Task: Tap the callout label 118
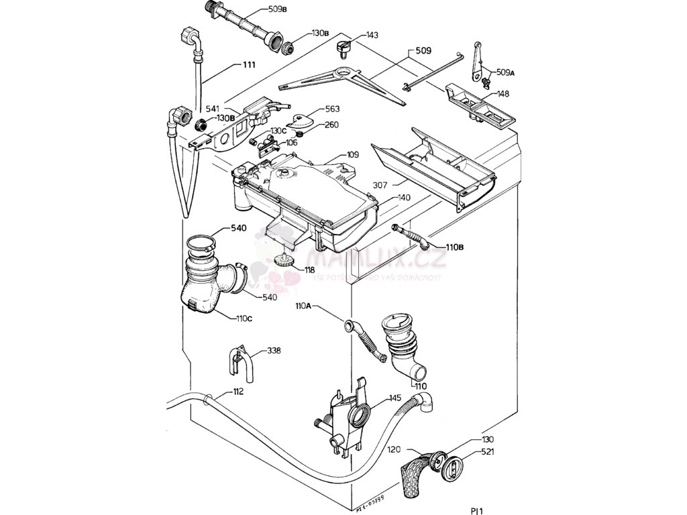[x=309, y=270]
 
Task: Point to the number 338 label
[x=274, y=351]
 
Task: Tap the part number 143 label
[x=372, y=35]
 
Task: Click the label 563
[x=332, y=109]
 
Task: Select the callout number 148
[x=502, y=94]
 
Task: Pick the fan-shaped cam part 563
[x=300, y=121]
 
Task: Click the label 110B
[x=454, y=247]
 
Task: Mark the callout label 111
[x=249, y=65]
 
